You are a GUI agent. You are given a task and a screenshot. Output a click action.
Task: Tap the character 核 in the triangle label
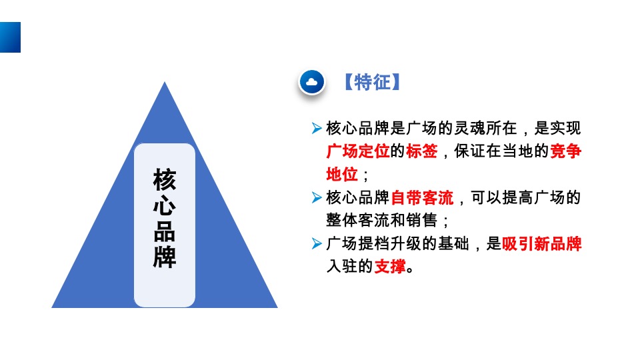tap(165, 179)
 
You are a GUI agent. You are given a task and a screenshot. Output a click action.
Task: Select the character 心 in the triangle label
tap(165, 205)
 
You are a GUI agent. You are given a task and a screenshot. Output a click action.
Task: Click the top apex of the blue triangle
tap(165, 83)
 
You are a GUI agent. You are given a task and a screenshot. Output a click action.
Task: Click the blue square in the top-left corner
tap(10, 37)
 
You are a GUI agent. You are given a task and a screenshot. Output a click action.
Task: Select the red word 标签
tap(421, 151)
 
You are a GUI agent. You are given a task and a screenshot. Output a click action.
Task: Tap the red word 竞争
tap(565, 151)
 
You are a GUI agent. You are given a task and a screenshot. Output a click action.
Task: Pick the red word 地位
tap(341, 175)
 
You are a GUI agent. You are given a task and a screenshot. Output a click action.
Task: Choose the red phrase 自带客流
tap(421, 198)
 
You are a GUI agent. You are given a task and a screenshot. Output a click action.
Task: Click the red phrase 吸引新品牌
tap(541, 244)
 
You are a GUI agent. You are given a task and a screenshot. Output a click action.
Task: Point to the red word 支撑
tap(389, 267)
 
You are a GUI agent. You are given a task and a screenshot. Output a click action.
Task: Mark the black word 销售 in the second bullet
tap(421, 221)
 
